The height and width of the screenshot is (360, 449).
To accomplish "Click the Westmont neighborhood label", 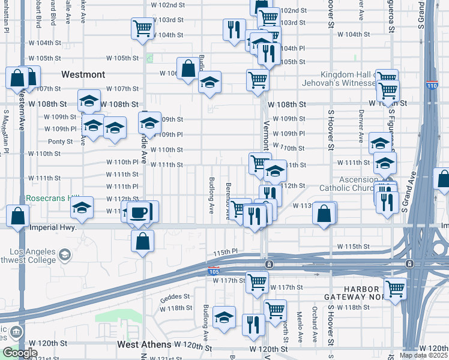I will [x=83, y=75].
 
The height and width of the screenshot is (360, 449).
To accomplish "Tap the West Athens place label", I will [x=144, y=345].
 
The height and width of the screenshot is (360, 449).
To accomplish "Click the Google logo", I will [x=19, y=353].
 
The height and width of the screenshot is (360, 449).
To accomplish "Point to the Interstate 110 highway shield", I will [x=432, y=86].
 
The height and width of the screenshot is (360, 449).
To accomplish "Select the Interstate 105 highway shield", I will [x=214, y=271].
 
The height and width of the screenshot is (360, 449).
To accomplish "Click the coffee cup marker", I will [x=138, y=212].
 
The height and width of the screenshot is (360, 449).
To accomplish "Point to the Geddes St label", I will [x=175, y=296].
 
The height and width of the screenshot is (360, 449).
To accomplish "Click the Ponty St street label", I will [x=61, y=142].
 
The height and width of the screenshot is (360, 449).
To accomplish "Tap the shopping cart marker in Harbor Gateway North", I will [x=395, y=289].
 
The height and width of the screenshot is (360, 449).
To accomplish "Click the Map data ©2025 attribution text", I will [x=423, y=355].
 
